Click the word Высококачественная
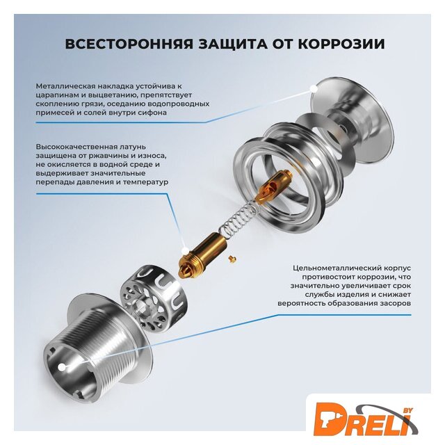76,147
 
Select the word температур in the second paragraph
145,182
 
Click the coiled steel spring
238,215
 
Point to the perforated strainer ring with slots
151,297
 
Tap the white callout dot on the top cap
314,88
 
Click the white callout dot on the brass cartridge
184,250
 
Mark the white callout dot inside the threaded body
61,367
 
